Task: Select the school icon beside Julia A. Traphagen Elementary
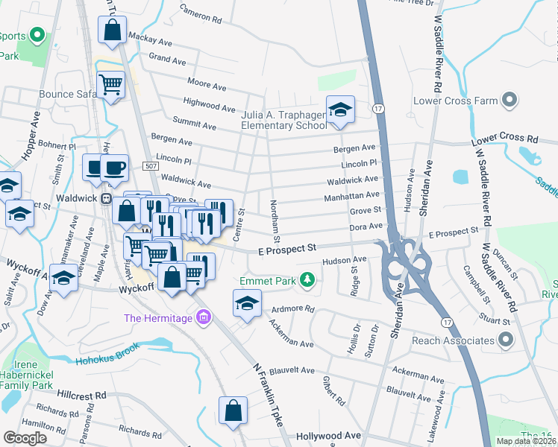tap(340, 110)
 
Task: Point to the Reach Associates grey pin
tap(505, 340)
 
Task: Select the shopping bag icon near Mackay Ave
tap(112, 31)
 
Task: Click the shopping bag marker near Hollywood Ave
tap(233, 410)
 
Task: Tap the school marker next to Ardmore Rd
tap(247, 303)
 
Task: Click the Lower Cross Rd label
tap(504, 139)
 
